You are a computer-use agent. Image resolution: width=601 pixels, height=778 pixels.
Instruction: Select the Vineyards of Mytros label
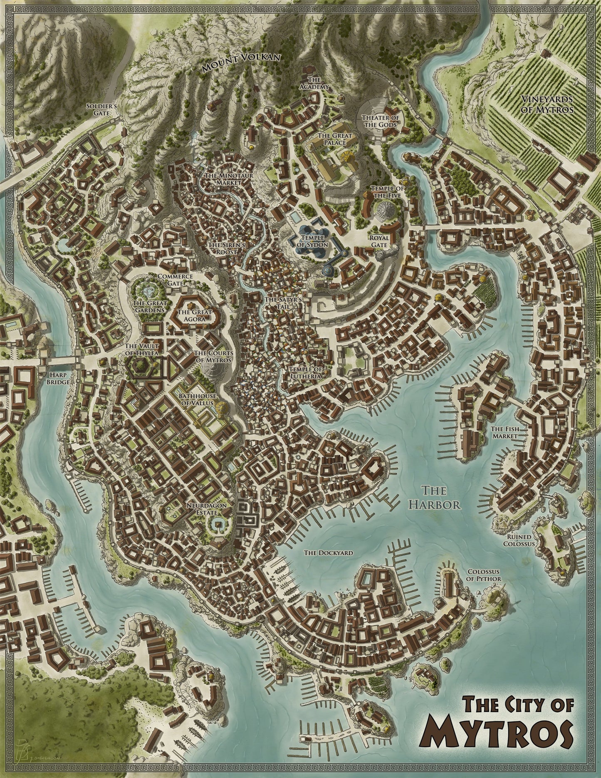tap(547, 104)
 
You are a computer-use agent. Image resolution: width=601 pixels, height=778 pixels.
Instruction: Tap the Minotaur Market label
tap(223, 179)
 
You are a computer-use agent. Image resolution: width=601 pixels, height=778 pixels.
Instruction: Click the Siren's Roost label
tap(223, 248)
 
